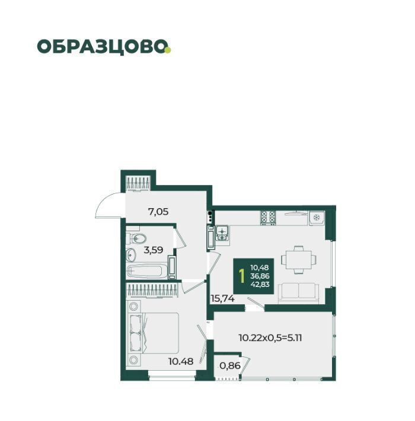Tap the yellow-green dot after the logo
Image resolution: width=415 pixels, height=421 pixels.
tap(168, 50)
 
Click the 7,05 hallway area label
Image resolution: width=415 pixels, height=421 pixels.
tap(158, 212)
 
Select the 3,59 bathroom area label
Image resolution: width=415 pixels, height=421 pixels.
tap(154, 250)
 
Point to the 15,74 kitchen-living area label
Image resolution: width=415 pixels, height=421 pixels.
tap(222, 298)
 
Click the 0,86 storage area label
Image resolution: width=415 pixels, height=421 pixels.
tap(230, 365)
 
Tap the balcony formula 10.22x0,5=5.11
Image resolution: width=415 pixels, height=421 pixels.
tap(270, 337)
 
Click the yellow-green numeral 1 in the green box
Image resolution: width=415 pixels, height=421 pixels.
tap(242, 276)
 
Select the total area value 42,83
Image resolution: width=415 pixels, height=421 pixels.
tap(260, 285)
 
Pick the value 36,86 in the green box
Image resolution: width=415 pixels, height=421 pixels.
tap(260, 276)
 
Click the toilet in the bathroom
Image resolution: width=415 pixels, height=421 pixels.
tap(136, 238)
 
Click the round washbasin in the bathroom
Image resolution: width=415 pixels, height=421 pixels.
tap(131, 254)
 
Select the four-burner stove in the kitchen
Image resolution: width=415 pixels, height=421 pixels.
tap(268, 218)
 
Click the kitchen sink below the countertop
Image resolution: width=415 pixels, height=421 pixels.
tap(222, 233)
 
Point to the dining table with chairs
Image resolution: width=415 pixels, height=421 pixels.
tap(299, 260)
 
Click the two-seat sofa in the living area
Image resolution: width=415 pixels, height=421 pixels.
tap(298, 293)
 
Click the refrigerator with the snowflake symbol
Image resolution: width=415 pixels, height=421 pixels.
tap(317, 218)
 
